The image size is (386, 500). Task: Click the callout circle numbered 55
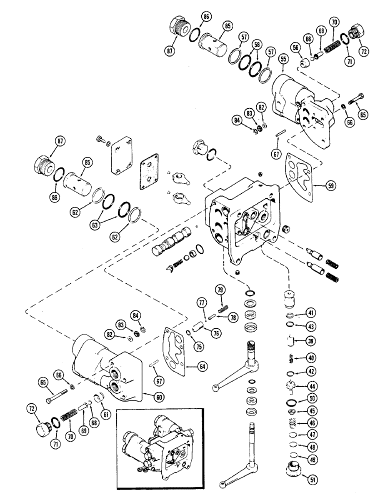pyautogui.click(x=284, y=59)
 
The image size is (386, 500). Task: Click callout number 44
pyautogui.click(x=311, y=386)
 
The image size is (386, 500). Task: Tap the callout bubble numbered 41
pyautogui.click(x=310, y=314)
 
